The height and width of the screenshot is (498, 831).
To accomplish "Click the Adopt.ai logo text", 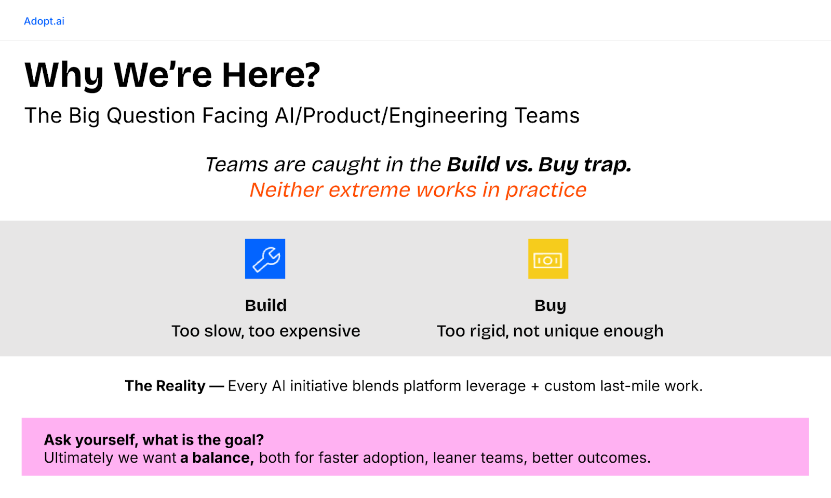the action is pos(44,21).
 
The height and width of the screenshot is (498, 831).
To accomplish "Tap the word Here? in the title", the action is pos(271,75).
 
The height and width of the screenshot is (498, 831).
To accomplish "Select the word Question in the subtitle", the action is pos(151,116).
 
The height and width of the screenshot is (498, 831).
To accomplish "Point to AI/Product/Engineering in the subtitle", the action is pos(391,116).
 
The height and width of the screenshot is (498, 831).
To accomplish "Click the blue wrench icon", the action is pos(265,259).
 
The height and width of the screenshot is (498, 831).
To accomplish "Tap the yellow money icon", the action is pos(548,259).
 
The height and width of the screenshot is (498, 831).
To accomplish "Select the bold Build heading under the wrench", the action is pos(265,305).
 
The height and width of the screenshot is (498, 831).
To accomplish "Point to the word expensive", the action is pos(320,331).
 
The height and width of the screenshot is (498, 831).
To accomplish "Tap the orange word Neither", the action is pos(286,190).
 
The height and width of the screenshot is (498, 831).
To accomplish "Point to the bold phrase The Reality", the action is pos(165,386).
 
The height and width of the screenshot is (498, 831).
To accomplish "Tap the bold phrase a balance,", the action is pos(217,458).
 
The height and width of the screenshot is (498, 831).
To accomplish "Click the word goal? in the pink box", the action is pos(244,440).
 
